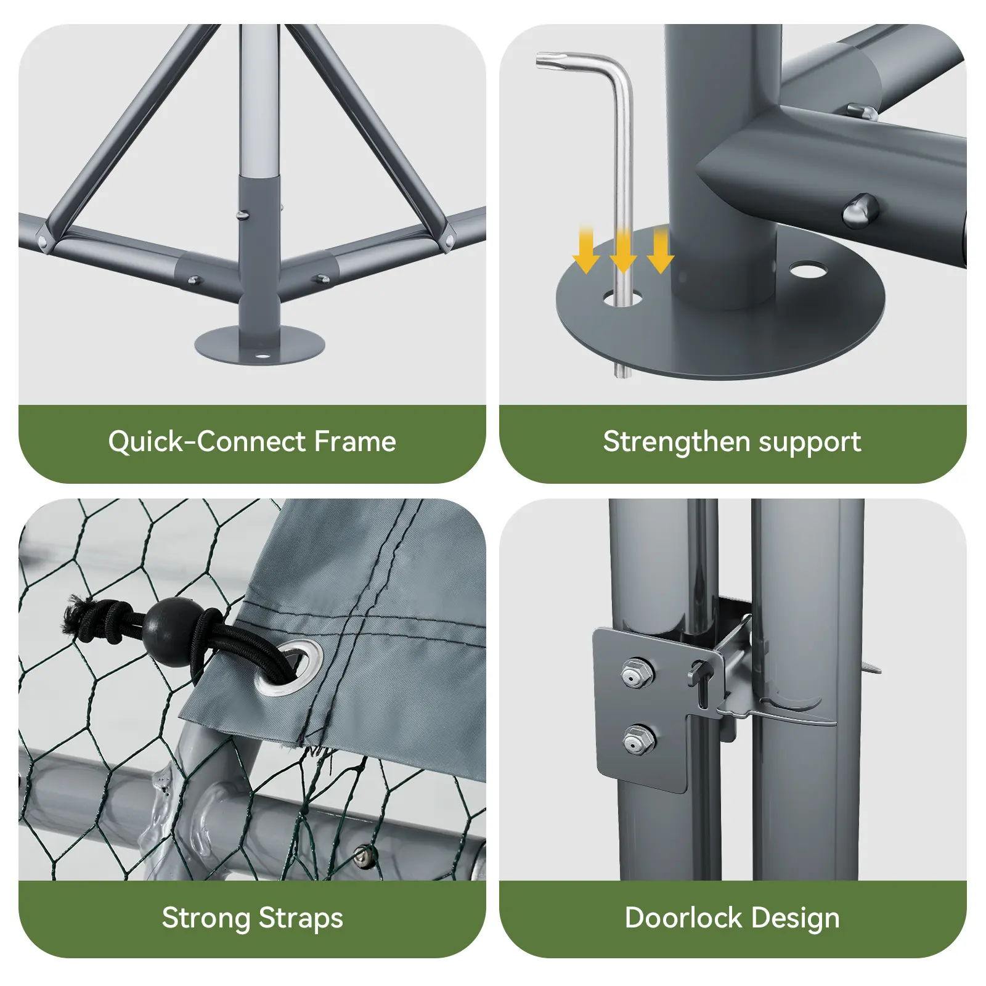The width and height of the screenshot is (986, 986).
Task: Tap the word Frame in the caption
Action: click(x=355, y=442)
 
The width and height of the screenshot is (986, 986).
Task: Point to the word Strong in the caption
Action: click(x=206, y=919)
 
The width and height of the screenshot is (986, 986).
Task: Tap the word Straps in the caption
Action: click(x=301, y=919)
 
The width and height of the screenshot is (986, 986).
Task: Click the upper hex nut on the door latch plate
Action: click(x=637, y=673)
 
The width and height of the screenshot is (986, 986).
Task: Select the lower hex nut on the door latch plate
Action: click(x=638, y=739)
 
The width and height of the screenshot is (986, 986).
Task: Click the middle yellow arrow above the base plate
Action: click(x=623, y=250)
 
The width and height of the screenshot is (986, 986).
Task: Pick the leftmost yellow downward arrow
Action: click(x=585, y=250)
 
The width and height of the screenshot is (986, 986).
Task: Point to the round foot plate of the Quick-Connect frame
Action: click(x=259, y=345)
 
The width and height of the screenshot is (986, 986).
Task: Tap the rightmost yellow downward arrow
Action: click(x=661, y=250)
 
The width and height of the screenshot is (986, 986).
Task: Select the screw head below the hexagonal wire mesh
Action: click(x=364, y=855)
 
